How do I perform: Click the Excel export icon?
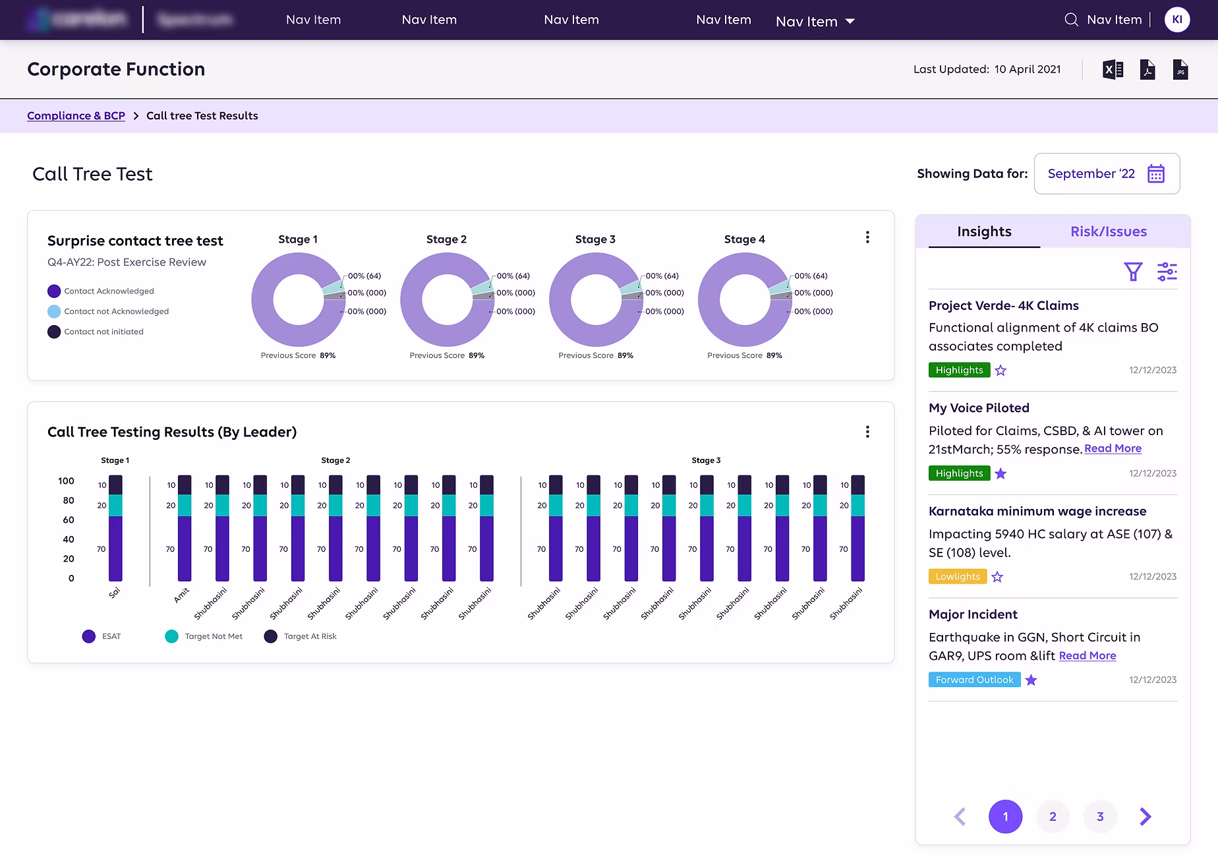tap(1113, 69)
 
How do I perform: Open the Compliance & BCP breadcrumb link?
tap(76, 115)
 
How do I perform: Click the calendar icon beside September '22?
tap(1155, 173)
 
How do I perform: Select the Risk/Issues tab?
tap(1108, 231)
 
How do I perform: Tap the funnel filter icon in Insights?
tap(1132, 271)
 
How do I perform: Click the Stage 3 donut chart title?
tap(594, 239)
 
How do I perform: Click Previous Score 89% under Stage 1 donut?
tap(298, 355)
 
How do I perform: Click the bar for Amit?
tap(185, 527)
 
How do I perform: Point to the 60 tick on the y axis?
tap(69, 520)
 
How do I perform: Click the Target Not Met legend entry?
tap(204, 636)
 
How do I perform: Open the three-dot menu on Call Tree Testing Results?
tap(867, 432)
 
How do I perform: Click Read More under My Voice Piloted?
tap(1113, 448)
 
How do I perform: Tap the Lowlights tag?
tap(957, 576)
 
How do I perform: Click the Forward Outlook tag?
tap(974, 680)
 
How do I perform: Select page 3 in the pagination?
tap(1099, 816)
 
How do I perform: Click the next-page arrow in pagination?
tap(1145, 816)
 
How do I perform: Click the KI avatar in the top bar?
tap(1176, 20)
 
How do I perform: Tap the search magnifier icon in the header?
tap(1071, 20)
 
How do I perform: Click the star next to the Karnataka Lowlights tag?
tap(997, 577)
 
